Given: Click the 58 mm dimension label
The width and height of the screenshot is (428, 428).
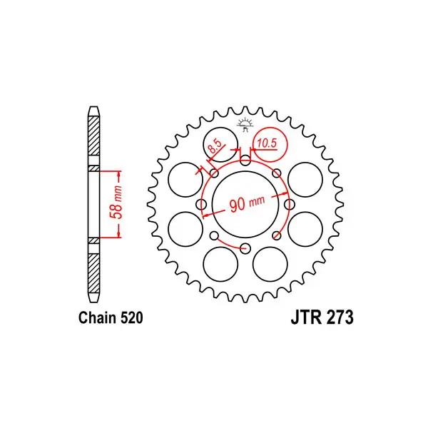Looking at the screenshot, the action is point(116,203).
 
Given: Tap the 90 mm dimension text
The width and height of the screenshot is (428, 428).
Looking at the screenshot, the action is point(247,203).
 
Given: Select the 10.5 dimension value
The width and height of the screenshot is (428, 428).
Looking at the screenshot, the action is point(267,143).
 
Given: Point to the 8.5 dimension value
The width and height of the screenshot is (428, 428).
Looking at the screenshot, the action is point(215,148).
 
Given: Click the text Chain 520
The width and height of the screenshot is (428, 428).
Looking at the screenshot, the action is point(111,317).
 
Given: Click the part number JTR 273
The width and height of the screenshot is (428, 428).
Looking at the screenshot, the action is point(322,317).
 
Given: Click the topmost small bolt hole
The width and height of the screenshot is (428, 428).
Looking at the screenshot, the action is point(245,160).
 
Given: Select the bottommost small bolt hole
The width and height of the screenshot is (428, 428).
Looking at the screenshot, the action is point(245,248).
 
